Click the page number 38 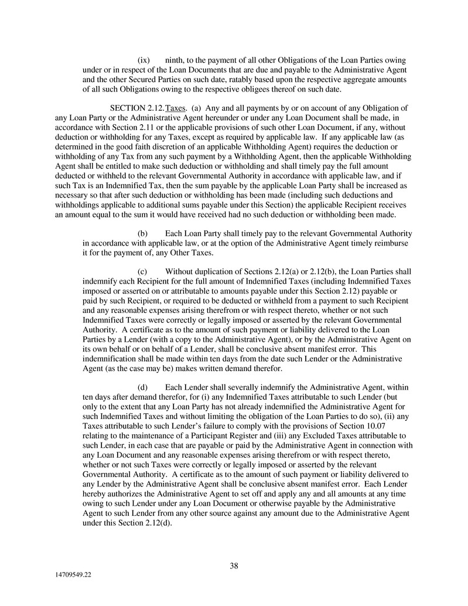[234, 566]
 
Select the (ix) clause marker [144, 60]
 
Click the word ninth [176, 60]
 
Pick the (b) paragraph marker [143, 233]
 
